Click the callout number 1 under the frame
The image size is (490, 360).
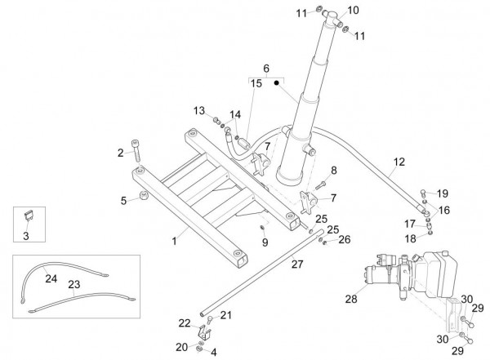coord(173,242)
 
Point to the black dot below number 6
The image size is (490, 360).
coord(277,82)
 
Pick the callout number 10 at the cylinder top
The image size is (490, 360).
coord(353,11)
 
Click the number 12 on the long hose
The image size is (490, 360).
coord(399,162)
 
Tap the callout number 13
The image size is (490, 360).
coord(198,111)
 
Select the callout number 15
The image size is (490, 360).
coord(256,83)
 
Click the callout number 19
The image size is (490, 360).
coord(443,193)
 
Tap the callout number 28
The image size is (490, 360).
coord(350,300)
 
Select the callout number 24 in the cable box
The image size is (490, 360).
coord(51,278)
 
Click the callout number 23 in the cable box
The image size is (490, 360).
coord(75,286)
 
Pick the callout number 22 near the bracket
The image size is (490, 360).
coord(185,322)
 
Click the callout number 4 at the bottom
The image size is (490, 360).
coord(213,353)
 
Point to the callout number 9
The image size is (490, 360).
coord(265,242)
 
